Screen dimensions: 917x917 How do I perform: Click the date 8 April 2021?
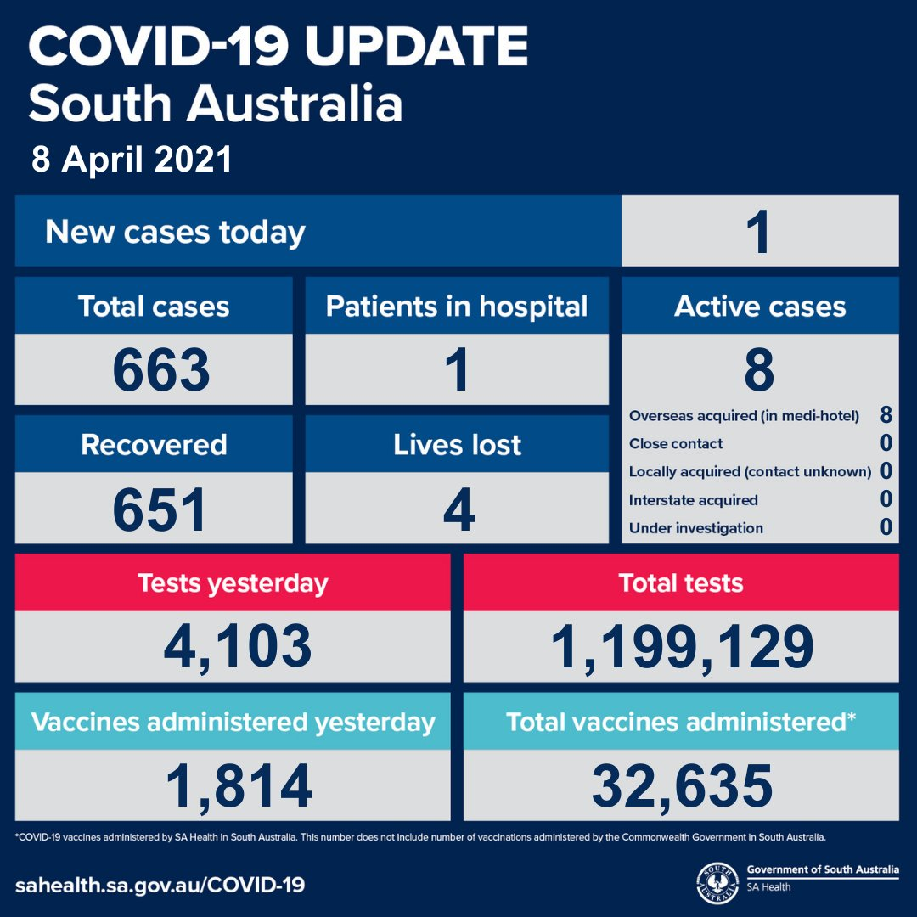click(132, 159)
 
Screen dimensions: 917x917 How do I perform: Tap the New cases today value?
click(760, 232)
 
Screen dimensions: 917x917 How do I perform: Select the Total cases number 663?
click(160, 369)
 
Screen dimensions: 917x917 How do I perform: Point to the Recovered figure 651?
click(159, 509)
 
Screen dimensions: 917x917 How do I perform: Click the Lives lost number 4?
click(458, 509)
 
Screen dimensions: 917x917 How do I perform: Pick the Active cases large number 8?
click(759, 369)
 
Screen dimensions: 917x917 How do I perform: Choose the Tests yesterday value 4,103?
click(238, 647)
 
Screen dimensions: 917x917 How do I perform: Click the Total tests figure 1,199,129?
click(682, 647)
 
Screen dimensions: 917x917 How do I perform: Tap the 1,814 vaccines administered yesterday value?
click(239, 786)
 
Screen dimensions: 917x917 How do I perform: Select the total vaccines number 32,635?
click(682, 786)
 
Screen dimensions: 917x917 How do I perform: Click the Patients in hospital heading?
click(457, 307)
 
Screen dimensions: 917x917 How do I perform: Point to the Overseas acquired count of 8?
click(886, 415)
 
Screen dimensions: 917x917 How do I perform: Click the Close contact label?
click(676, 444)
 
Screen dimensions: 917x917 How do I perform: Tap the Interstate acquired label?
click(693, 500)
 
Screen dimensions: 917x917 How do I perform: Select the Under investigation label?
click(696, 528)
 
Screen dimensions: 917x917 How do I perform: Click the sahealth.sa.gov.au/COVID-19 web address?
click(160, 885)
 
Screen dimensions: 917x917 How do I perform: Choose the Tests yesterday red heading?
click(233, 583)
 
